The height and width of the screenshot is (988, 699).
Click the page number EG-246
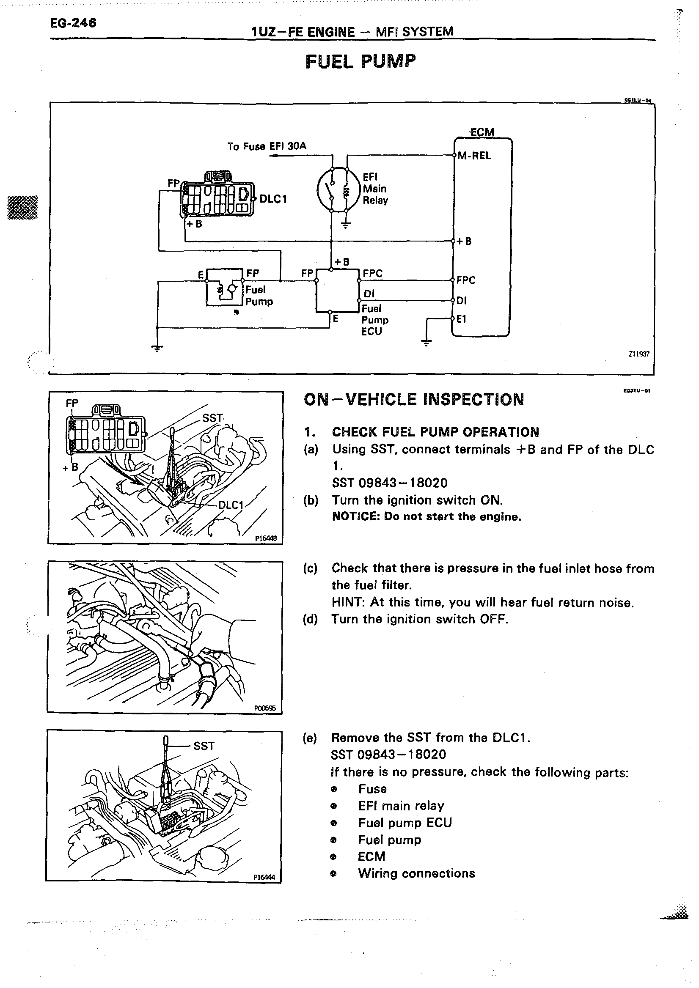point(73,23)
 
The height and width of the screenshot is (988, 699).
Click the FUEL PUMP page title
point(361,61)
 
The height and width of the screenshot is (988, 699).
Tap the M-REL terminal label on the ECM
point(474,156)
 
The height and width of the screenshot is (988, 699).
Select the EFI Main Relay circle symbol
point(338,189)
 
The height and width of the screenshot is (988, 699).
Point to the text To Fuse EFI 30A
point(267,146)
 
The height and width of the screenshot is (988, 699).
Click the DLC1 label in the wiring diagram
point(273,199)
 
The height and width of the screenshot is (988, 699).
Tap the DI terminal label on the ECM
point(461,301)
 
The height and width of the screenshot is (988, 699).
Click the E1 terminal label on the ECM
point(461,319)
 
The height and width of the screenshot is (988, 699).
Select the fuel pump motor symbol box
point(225,288)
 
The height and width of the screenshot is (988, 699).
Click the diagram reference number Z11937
point(639,354)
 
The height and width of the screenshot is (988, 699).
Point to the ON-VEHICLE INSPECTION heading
point(414,400)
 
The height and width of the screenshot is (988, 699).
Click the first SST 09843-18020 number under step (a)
point(390,483)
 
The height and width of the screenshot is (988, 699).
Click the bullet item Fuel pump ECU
point(405,823)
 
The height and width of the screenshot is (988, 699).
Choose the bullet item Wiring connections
point(416,873)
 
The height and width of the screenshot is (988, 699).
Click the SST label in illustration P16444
point(204,746)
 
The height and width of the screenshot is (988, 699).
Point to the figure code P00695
point(265,708)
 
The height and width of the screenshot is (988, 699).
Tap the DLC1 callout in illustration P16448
point(231,505)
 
